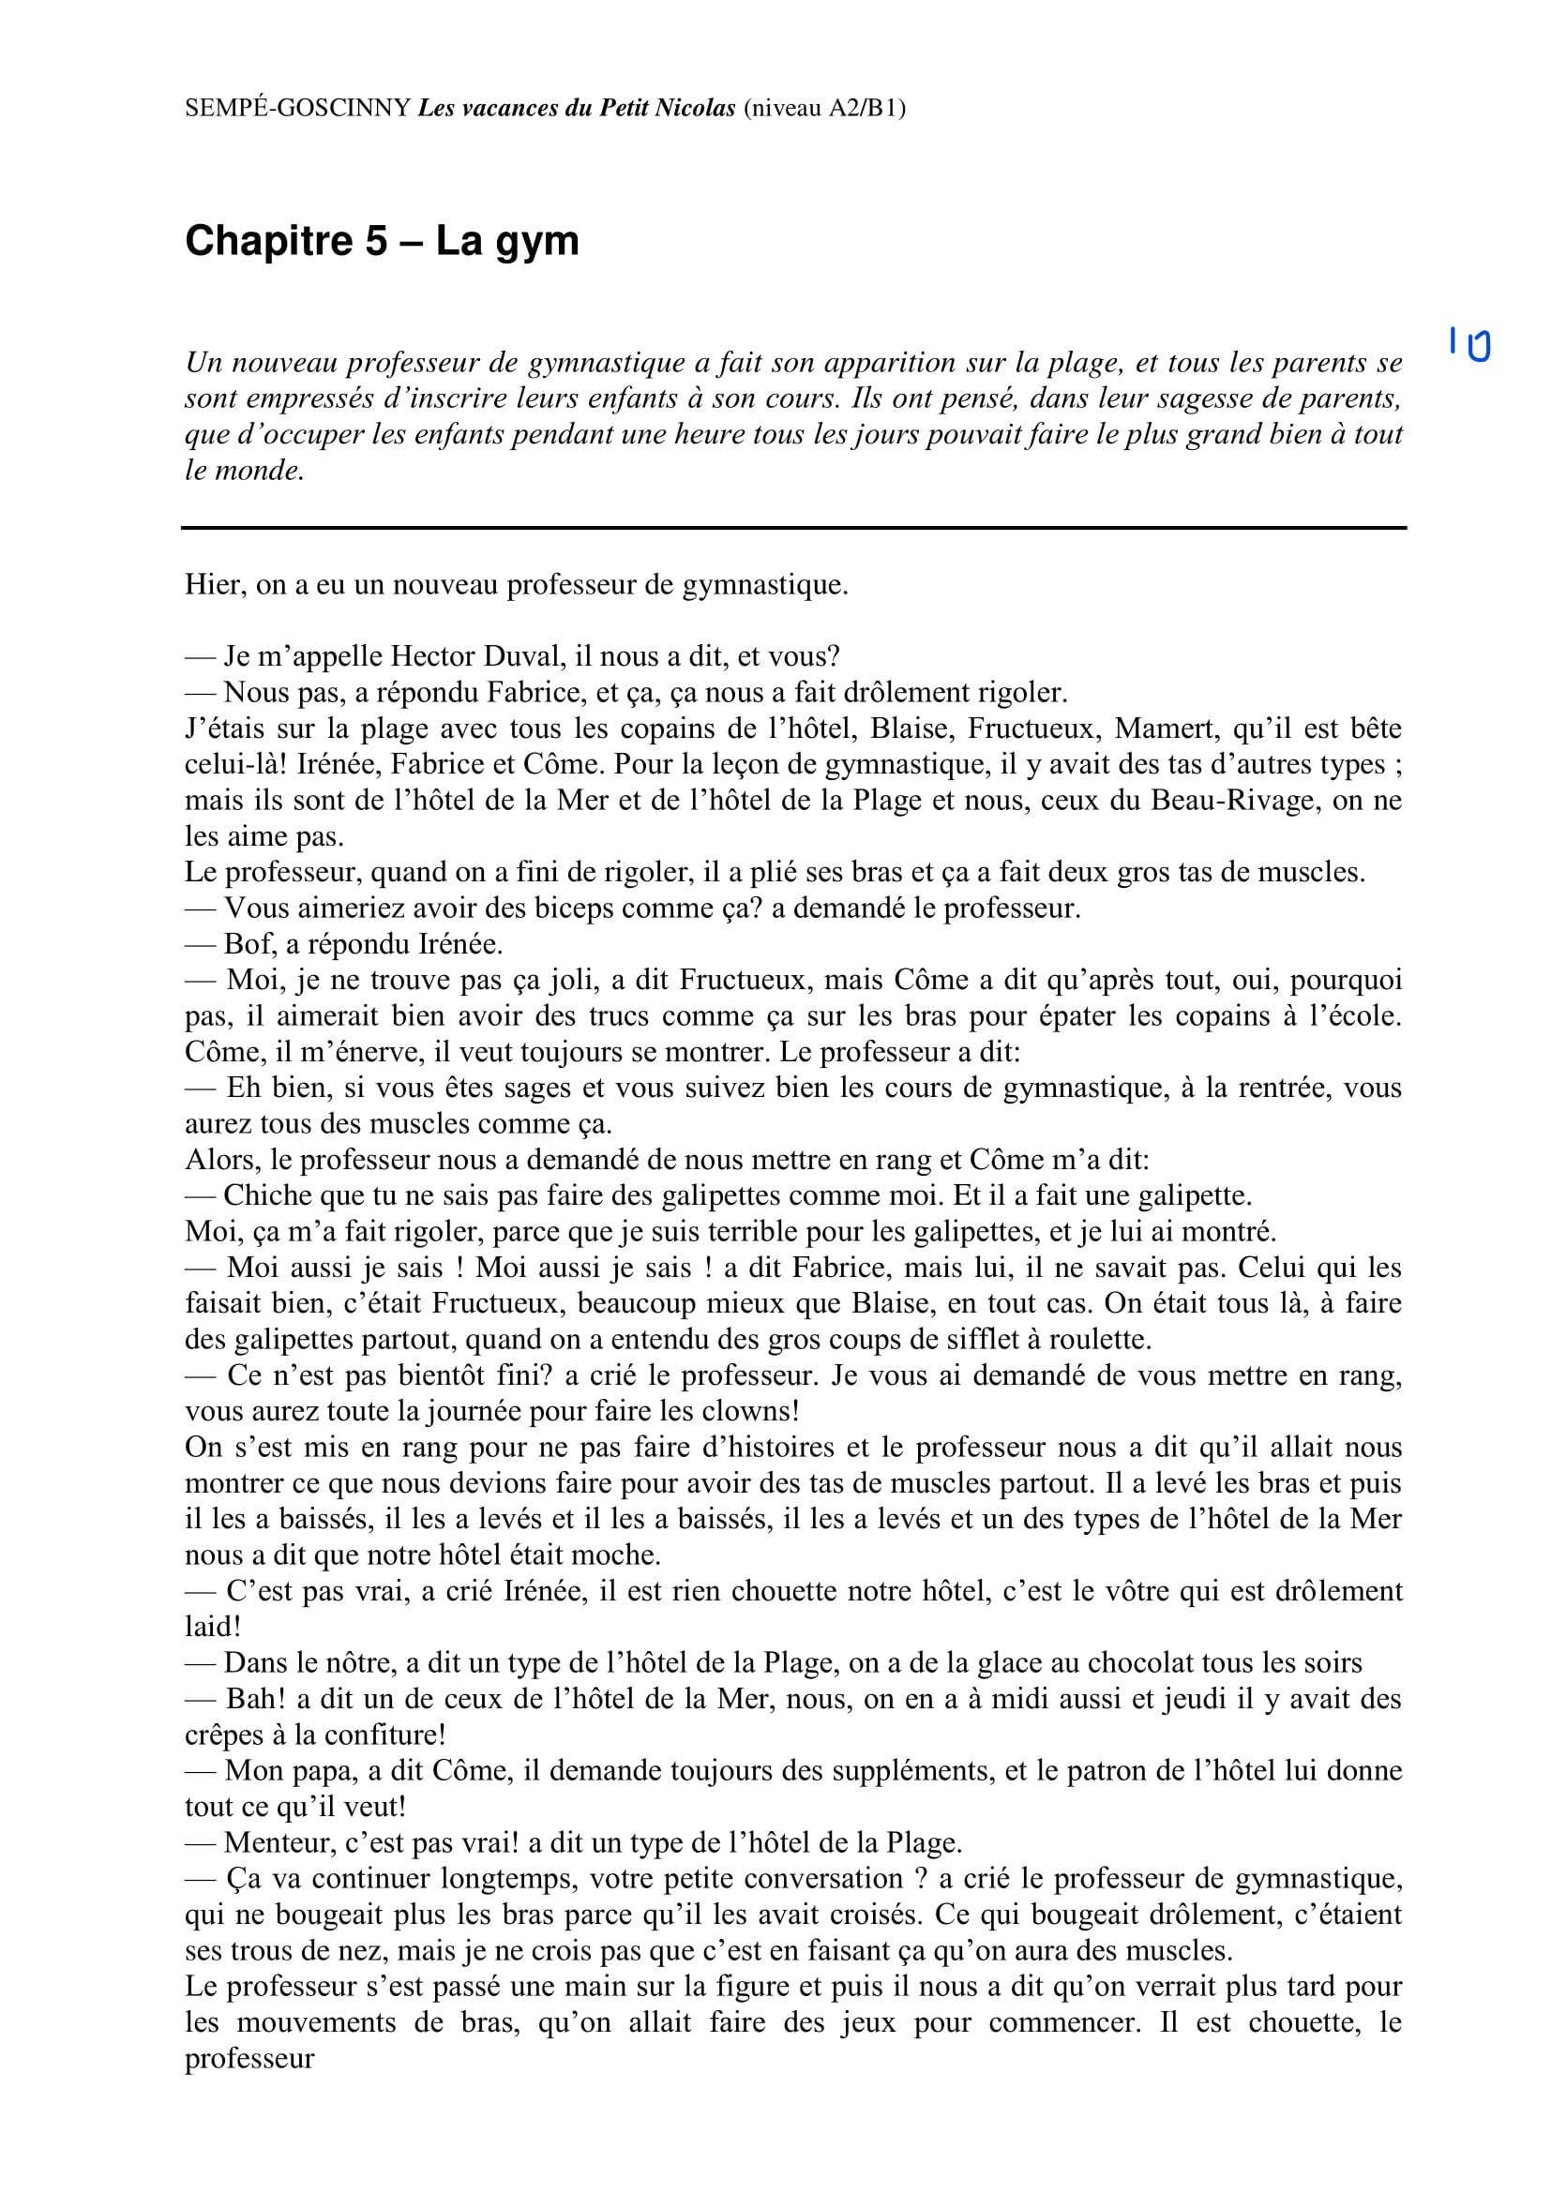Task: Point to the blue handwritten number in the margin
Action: pyautogui.click(x=1468, y=343)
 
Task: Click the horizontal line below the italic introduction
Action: pyautogui.click(x=792, y=527)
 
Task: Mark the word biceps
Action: pyautogui.click(x=548, y=908)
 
